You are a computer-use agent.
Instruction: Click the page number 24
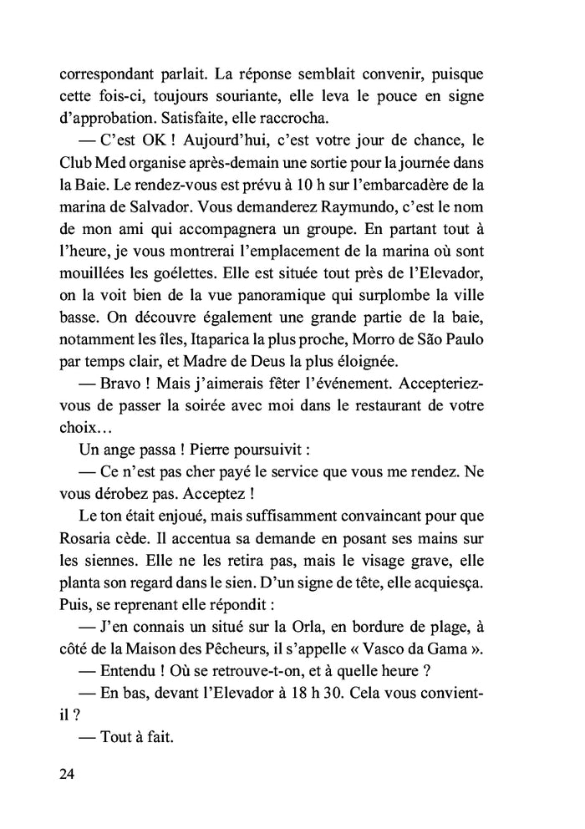coord(68,774)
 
